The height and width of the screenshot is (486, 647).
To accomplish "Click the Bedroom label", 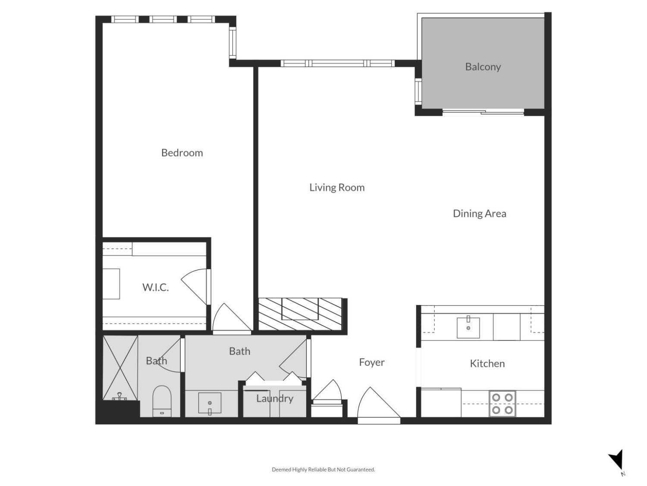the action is pyautogui.click(x=182, y=152).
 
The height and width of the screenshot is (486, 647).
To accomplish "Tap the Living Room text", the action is pyautogui.click(x=336, y=187).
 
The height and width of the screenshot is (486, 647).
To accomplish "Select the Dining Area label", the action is pyautogui.click(x=479, y=213).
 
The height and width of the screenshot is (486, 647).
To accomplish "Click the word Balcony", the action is pyautogui.click(x=483, y=67).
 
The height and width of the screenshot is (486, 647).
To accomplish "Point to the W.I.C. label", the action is pyautogui.click(x=155, y=287).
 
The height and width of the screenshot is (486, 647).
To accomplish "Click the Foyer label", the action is pyautogui.click(x=371, y=362).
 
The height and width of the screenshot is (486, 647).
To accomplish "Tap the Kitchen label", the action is pyautogui.click(x=487, y=363).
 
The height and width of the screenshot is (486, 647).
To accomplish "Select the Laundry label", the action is pyautogui.click(x=274, y=398).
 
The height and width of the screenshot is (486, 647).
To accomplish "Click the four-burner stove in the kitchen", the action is pyautogui.click(x=502, y=403).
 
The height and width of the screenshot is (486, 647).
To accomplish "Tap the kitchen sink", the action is pyautogui.click(x=468, y=327).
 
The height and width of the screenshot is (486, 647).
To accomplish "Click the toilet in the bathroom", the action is pyautogui.click(x=162, y=401).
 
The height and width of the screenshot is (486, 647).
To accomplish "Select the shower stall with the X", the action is pyautogui.click(x=120, y=367).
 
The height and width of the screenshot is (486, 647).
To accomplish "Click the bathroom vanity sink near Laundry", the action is pyautogui.click(x=210, y=403).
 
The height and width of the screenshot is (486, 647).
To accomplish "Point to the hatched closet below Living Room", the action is pyautogui.click(x=300, y=314).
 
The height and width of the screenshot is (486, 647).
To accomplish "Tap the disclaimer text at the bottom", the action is pyautogui.click(x=323, y=470).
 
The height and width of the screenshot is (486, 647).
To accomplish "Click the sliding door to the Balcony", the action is pyautogui.click(x=483, y=112).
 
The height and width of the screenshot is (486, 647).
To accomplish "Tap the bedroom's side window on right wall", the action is pyautogui.click(x=232, y=43).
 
